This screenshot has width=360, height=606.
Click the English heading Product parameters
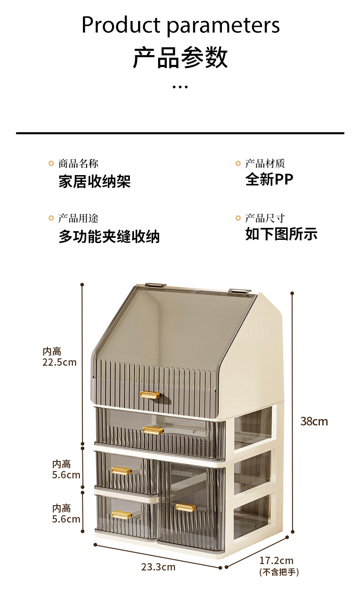pyautogui.click(x=180, y=25)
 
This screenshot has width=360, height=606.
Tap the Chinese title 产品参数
pyautogui.click(x=180, y=57)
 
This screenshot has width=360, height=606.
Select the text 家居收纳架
pyautogui.click(x=95, y=181)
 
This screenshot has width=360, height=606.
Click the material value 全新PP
pyautogui.click(x=269, y=179)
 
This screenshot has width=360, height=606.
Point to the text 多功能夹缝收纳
pyautogui.click(x=109, y=237)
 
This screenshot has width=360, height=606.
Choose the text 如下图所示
pyautogui.click(x=281, y=234)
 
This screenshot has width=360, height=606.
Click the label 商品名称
pyautogui.click(x=78, y=163)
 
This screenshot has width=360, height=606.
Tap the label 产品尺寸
pyautogui.click(x=265, y=218)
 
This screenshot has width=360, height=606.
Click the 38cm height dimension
pyautogui.click(x=314, y=421)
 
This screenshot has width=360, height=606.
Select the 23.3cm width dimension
pyautogui.click(x=159, y=567)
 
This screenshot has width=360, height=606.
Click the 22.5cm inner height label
pyautogui.click(x=59, y=362)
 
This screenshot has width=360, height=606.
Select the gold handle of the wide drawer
pyautogui.click(x=153, y=430)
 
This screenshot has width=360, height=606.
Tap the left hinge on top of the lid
pyautogui.click(x=155, y=285)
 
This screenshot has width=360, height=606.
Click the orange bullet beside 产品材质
pyautogui.click(x=238, y=163)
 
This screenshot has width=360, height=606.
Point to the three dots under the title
pyautogui.click(x=180, y=87)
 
